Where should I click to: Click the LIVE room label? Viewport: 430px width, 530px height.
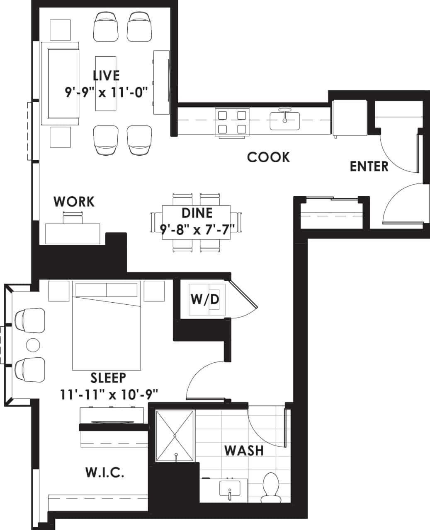coord(106,75)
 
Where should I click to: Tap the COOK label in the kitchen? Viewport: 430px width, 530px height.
coord(268,157)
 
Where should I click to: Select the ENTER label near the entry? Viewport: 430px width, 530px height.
coord(369,166)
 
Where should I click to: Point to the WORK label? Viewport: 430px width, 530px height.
coord(74,202)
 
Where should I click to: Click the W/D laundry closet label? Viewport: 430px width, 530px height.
coord(204,299)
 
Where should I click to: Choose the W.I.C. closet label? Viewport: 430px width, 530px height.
coord(104,472)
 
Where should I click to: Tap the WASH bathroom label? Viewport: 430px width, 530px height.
coord(244,450)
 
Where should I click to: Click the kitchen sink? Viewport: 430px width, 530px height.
coord(284,120)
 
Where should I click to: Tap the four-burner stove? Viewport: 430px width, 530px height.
coord(232,122)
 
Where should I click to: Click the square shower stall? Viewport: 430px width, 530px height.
coord(175,436)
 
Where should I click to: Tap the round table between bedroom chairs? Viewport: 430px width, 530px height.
coord(33,344)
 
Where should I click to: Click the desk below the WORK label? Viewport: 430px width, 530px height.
coord(73,234)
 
